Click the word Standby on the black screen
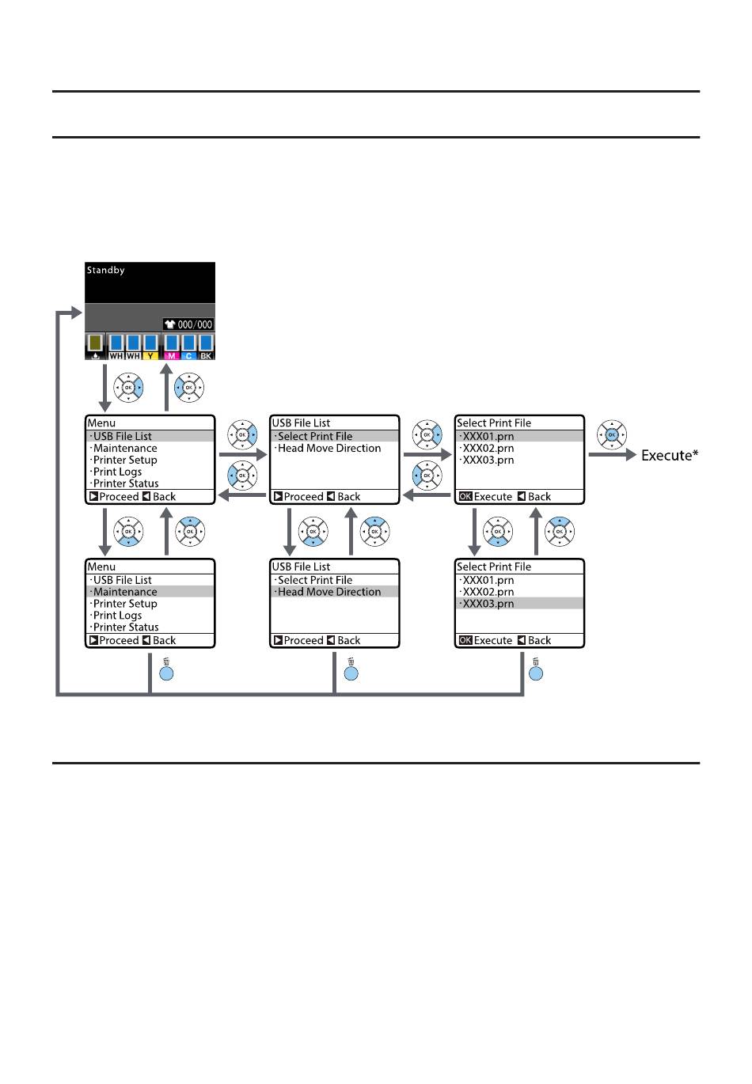[x=105, y=270]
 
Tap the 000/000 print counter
[x=195, y=324]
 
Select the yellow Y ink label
[x=150, y=356]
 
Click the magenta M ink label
[x=171, y=356]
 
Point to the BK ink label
[x=206, y=356]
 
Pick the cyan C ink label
[x=188, y=356]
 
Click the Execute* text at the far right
[x=670, y=455]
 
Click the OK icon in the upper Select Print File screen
[x=465, y=497]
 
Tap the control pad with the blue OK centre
[x=612, y=434]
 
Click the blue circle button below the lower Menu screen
[x=166, y=673]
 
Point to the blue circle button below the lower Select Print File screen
[x=536, y=673]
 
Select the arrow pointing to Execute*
[x=612, y=455]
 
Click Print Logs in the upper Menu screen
[x=117, y=472]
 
